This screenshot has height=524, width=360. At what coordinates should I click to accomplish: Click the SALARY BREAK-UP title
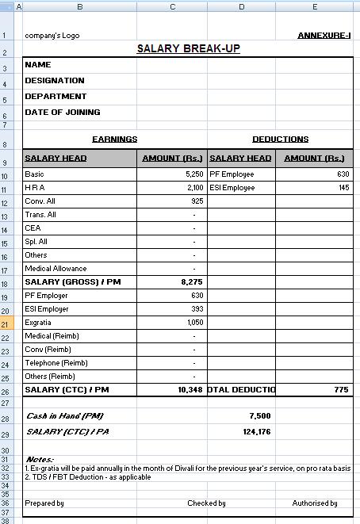(x=188, y=49)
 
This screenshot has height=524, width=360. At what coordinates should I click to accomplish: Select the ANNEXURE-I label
(x=324, y=36)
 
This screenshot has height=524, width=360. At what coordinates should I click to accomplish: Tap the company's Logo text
(x=52, y=36)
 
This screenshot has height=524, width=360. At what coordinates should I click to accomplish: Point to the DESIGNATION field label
(x=55, y=81)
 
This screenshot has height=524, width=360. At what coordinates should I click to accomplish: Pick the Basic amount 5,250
(x=194, y=174)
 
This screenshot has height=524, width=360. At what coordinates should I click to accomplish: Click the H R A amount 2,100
(x=194, y=188)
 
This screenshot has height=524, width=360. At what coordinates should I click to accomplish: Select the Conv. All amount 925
(x=197, y=201)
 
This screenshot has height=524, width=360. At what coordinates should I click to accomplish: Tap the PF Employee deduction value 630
(x=343, y=174)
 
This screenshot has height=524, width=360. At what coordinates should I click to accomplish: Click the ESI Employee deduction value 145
(x=343, y=188)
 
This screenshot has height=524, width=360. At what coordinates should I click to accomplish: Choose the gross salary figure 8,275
(x=193, y=281)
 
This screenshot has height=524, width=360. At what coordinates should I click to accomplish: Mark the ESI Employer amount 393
(x=197, y=309)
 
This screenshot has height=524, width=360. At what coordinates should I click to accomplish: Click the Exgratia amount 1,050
(x=194, y=323)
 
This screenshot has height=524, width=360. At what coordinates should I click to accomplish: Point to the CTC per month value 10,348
(x=191, y=390)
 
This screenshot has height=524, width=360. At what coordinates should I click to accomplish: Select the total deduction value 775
(x=342, y=390)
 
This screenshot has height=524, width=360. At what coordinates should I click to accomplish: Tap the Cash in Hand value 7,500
(x=259, y=415)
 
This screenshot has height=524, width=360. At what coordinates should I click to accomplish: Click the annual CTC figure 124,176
(x=257, y=432)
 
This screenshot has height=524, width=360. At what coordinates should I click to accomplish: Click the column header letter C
(x=172, y=6)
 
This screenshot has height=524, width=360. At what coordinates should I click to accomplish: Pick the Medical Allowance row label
(x=57, y=268)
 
